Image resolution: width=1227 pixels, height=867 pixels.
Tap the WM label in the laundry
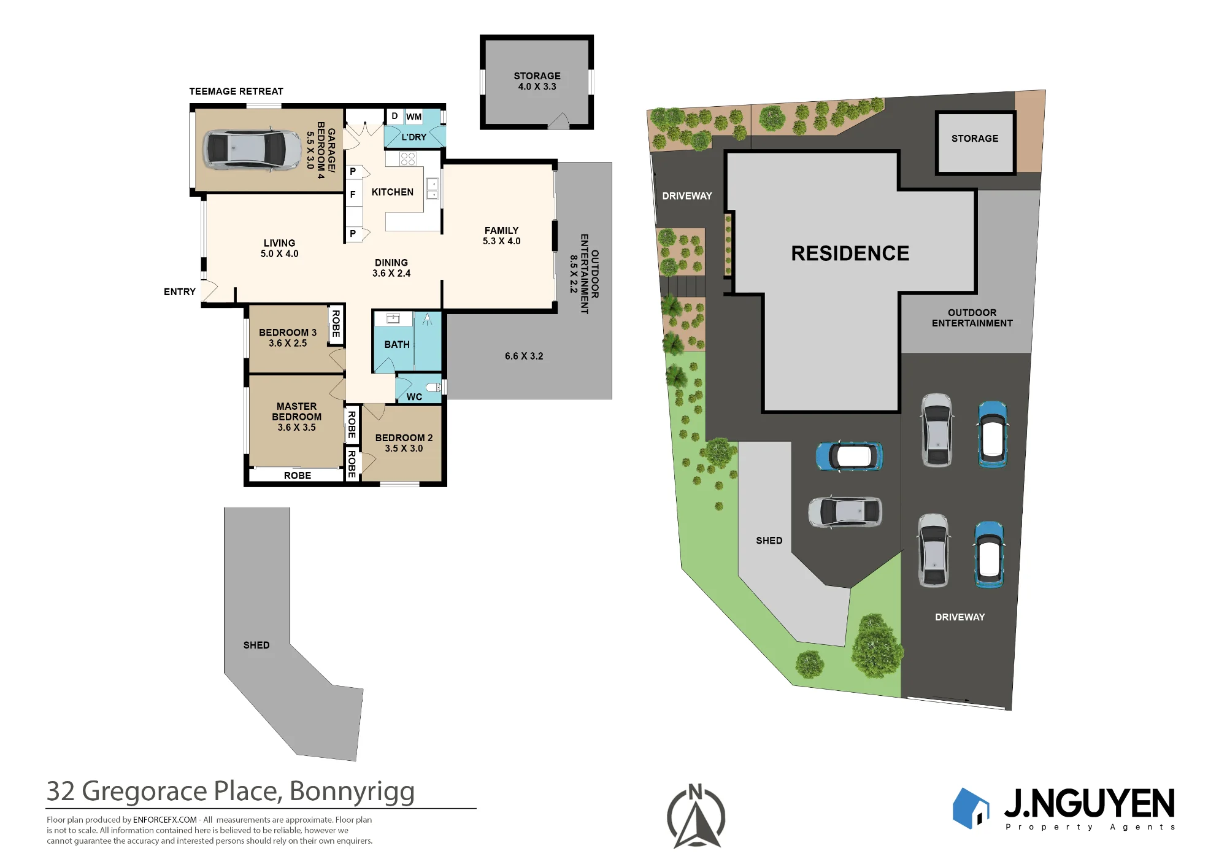click(x=413, y=117)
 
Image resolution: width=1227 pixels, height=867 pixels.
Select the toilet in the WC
click(x=434, y=387)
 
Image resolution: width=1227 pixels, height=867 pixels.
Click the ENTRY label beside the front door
click(x=180, y=291)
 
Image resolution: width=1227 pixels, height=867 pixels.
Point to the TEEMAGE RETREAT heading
click(x=236, y=91)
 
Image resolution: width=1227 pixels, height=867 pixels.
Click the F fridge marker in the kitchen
click(x=353, y=195)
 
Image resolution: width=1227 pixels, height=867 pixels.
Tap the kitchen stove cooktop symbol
click(x=408, y=159)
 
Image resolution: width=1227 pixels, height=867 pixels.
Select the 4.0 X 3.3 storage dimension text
click(x=537, y=87)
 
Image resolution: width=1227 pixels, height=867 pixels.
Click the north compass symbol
click(x=696, y=816)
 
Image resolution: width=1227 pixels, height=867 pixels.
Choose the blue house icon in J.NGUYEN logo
click(x=971, y=808)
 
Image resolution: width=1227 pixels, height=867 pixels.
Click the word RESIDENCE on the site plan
click(x=850, y=253)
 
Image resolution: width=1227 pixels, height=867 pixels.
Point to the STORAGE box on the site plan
click(x=975, y=142)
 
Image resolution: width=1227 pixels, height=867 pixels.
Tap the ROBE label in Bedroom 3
click(x=336, y=323)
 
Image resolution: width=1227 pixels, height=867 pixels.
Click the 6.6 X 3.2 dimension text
click(x=524, y=356)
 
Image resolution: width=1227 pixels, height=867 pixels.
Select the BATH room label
click(x=397, y=345)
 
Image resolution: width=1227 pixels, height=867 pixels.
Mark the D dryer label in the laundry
click(x=394, y=116)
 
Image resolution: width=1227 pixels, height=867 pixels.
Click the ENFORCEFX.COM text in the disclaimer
click(x=165, y=820)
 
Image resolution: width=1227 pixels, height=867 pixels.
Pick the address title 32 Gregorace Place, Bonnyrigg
click(x=231, y=792)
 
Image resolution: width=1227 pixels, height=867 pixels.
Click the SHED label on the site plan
click(x=769, y=541)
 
